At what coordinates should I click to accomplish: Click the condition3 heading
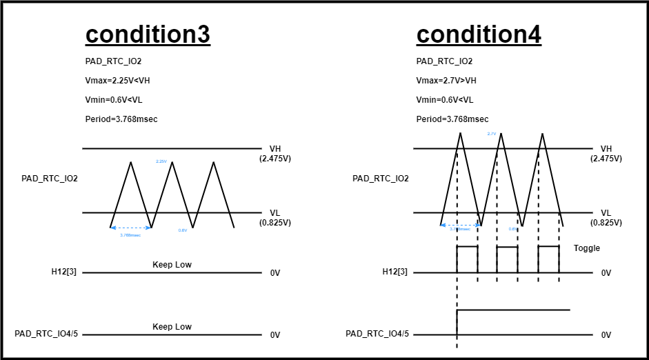click(x=148, y=34)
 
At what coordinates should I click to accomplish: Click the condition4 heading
click(x=479, y=34)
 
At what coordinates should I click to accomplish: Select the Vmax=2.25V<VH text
click(x=117, y=81)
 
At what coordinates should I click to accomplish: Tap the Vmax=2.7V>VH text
click(x=446, y=81)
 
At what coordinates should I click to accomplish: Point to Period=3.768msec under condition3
click(x=121, y=119)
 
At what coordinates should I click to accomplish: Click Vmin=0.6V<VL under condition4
click(x=445, y=100)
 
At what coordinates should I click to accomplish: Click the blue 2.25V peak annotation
click(x=161, y=161)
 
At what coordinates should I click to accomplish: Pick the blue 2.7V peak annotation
click(x=492, y=134)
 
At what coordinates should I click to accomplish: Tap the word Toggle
click(x=587, y=248)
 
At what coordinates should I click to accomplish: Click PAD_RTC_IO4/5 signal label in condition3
click(x=46, y=334)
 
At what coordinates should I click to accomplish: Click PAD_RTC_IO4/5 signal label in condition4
click(x=377, y=334)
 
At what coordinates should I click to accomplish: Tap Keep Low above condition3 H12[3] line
click(x=172, y=265)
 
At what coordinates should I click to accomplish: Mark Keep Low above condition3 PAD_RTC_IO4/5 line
click(x=172, y=326)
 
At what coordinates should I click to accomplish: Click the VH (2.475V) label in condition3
click(x=275, y=153)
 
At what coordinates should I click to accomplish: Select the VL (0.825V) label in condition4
click(x=606, y=218)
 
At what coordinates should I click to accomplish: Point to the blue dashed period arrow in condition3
click(x=130, y=228)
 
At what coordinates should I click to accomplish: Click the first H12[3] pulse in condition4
click(x=467, y=246)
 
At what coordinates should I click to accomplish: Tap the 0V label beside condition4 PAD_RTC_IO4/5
click(x=606, y=335)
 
